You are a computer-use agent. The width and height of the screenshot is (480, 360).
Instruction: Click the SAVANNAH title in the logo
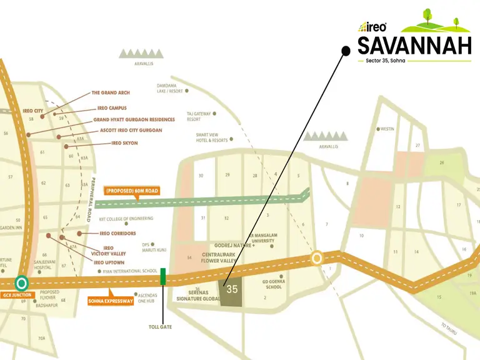(414, 46)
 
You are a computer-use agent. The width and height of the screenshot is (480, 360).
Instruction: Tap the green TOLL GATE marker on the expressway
(163, 276)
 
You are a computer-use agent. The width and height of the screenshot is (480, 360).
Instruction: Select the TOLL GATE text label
(161, 326)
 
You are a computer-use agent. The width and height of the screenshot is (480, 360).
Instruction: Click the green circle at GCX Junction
(22, 283)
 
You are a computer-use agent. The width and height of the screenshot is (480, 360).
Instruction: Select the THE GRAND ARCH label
(111, 93)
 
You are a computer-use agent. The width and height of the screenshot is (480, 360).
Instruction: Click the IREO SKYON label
(124, 143)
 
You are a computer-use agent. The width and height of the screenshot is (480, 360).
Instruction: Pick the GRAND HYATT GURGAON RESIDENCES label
(134, 119)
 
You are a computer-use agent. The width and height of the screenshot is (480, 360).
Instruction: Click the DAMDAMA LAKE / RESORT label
(170, 88)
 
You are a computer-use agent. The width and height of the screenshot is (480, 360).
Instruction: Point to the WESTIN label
(387, 129)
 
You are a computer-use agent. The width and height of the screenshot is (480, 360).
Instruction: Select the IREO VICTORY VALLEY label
(108, 251)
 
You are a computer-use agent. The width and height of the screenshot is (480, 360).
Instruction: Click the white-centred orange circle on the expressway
(317, 258)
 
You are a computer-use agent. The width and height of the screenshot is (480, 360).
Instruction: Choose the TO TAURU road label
(449, 328)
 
